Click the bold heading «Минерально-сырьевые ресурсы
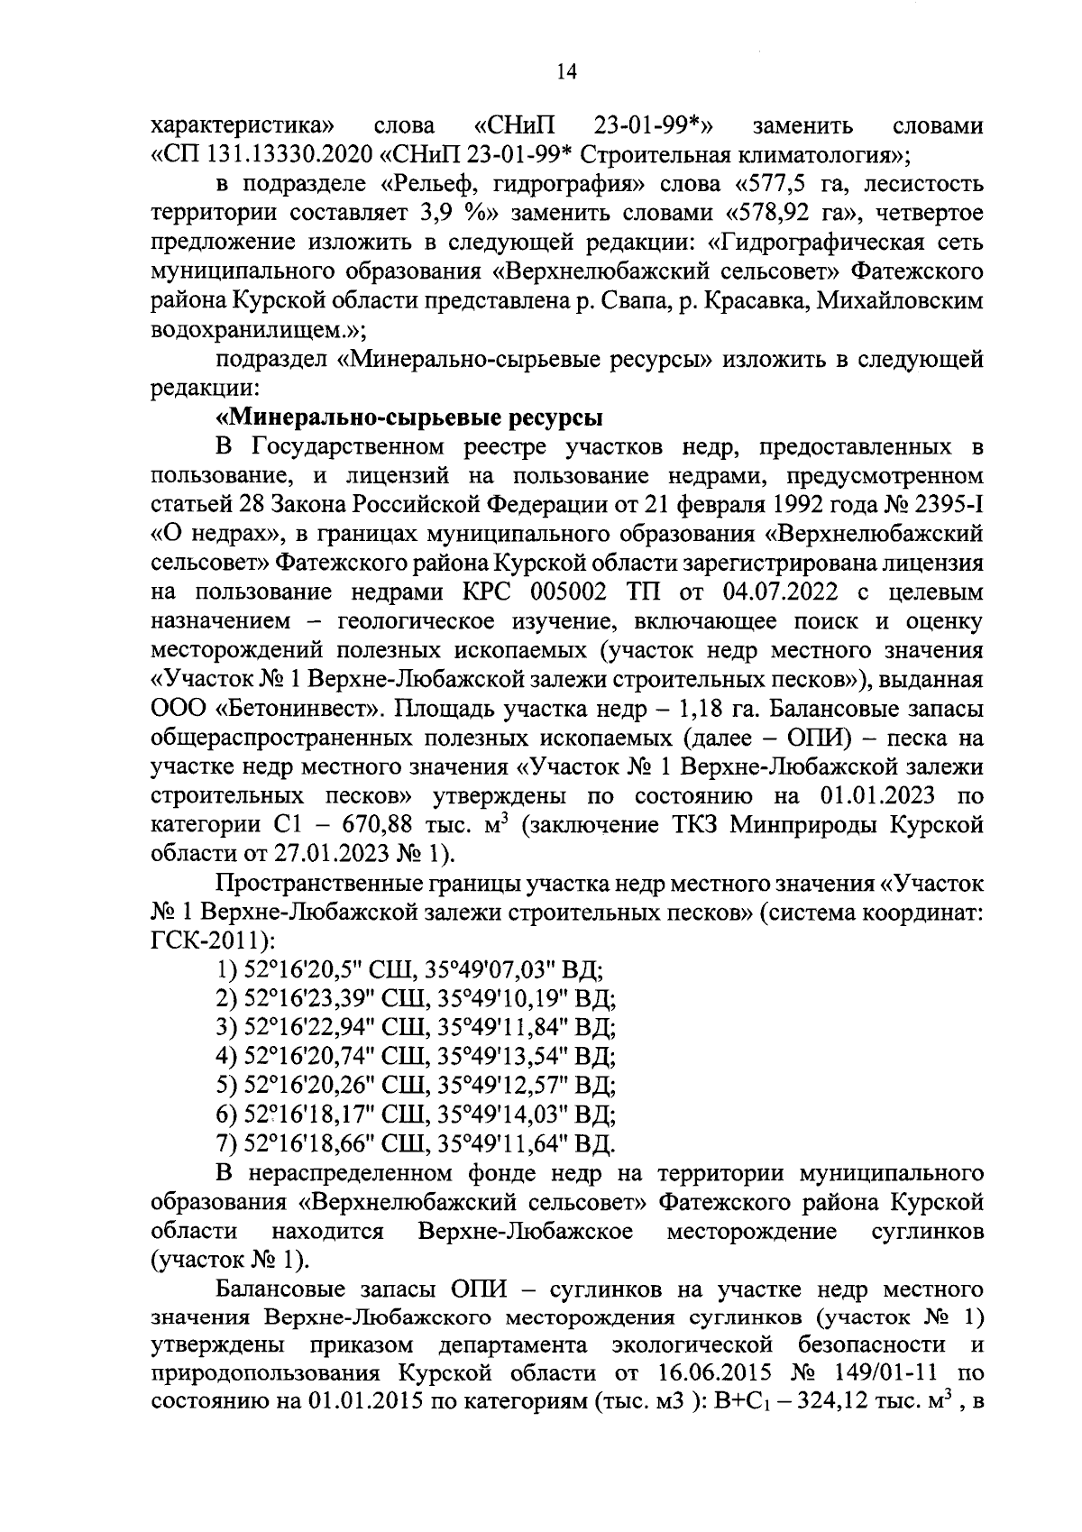[x=409, y=418]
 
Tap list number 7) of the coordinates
[x=226, y=1144]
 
